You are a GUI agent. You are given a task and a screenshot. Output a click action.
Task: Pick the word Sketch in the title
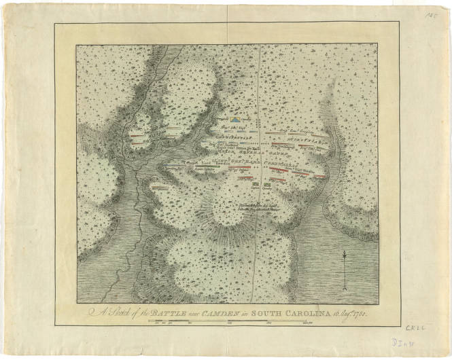click(114, 314)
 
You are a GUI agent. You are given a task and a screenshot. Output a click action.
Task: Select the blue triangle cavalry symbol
click(235, 119)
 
